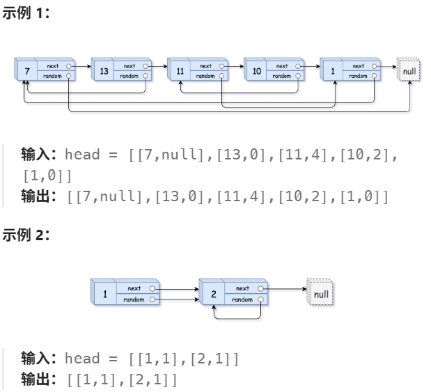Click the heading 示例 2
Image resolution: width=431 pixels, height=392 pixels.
(x=26, y=235)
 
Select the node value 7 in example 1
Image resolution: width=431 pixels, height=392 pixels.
(x=26, y=71)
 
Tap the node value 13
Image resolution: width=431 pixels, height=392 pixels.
(x=104, y=71)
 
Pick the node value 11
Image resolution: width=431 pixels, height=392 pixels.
(x=180, y=71)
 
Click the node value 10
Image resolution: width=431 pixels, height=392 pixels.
(x=256, y=71)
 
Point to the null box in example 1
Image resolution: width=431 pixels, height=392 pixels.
(x=409, y=71)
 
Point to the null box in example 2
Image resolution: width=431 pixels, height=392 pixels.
(x=320, y=294)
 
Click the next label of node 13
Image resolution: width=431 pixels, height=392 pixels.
(x=130, y=66)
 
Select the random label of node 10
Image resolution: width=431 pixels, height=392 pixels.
(x=281, y=76)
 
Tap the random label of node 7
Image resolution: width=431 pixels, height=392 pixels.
(x=53, y=76)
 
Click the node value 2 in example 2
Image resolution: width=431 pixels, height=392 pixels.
(x=214, y=294)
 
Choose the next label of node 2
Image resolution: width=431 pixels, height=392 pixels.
(x=242, y=288)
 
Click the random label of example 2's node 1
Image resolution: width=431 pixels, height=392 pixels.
(x=134, y=299)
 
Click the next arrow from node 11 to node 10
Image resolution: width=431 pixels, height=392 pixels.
(x=234, y=67)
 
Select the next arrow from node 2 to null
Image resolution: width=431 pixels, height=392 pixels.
(x=285, y=288)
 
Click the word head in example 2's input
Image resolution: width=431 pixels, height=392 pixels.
(x=82, y=359)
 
